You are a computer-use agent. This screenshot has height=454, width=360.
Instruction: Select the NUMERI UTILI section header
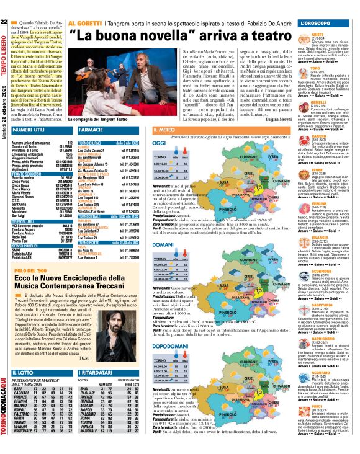tap(29, 131)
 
